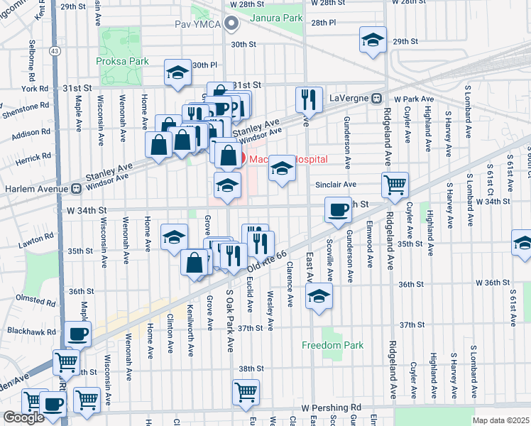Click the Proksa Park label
click(x=123, y=61)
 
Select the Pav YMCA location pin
click(x=231, y=24)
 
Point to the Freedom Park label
click(x=332, y=345)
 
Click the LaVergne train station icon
click(x=378, y=98)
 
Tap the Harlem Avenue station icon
click(x=75, y=189)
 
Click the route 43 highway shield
click(x=55, y=50)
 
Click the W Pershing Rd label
click(x=331, y=408)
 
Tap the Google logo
click(x=23, y=417)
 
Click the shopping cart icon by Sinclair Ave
click(x=395, y=185)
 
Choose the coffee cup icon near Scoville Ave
click(x=338, y=209)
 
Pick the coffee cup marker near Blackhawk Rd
click(x=78, y=333)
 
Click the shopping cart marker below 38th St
click(x=246, y=390)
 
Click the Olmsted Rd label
click(x=35, y=300)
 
